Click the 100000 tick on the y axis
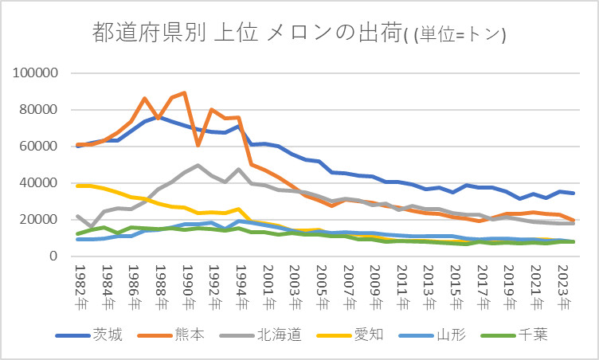[35, 73]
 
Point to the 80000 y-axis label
[38, 110]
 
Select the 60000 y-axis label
[38, 147]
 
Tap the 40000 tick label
[38, 183]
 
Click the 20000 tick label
[38, 220]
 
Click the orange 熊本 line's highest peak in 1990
[185, 92]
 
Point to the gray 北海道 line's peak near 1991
[198, 166]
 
